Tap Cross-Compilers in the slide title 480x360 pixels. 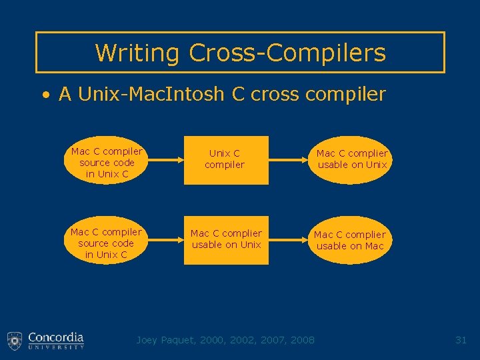pyautogui.click(x=287, y=52)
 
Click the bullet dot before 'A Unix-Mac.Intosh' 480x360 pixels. pyautogui.click(x=45, y=95)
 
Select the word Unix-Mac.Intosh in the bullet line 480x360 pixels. pyautogui.click(x=151, y=94)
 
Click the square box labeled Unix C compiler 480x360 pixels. pyautogui.click(x=225, y=160)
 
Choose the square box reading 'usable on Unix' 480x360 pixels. pyautogui.click(x=226, y=240)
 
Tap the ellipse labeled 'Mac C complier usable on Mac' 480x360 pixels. pyautogui.click(x=349, y=240)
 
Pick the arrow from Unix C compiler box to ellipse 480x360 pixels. pyautogui.click(x=288, y=160)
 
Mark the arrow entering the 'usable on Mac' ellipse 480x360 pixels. pyautogui.click(x=288, y=240)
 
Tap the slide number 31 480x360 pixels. pyautogui.click(x=461, y=340)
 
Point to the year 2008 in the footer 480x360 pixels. pyautogui.click(x=303, y=340)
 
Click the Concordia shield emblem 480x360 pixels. pyautogui.click(x=15, y=341)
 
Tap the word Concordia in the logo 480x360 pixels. pyautogui.click(x=56, y=337)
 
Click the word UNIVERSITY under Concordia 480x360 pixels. pyautogui.click(x=56, y=347)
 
